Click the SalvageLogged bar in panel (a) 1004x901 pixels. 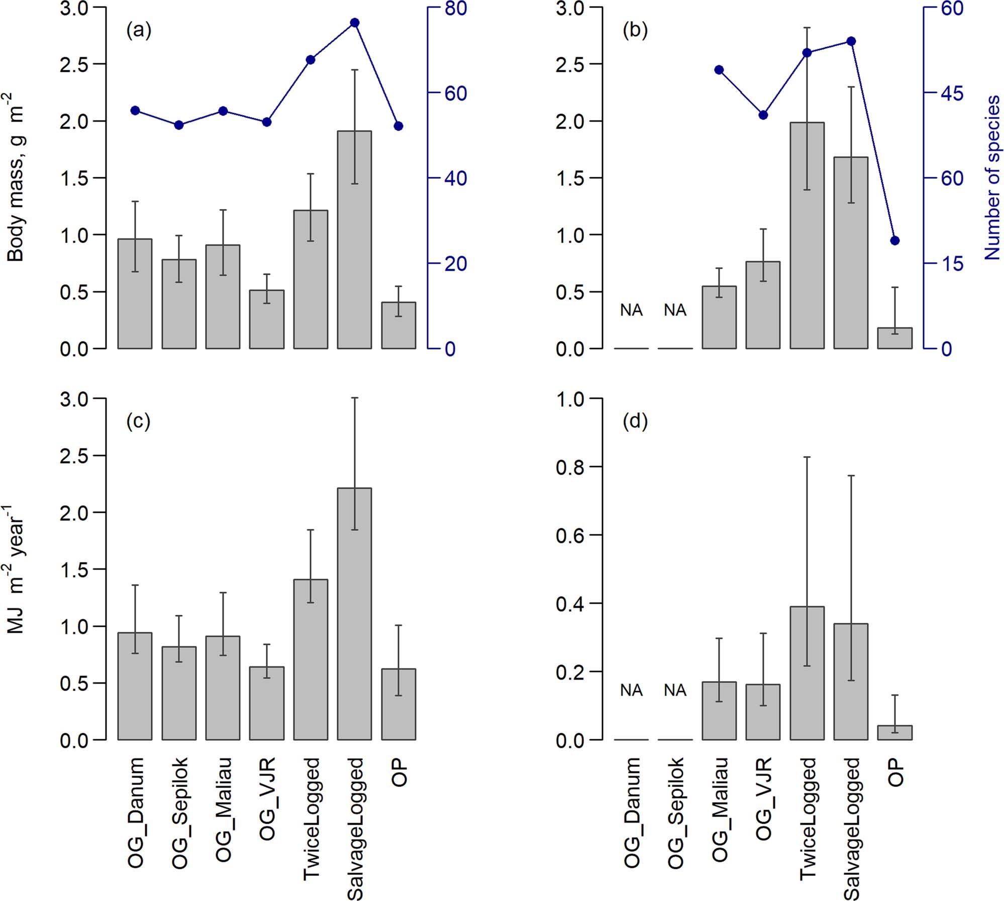coord(354,240)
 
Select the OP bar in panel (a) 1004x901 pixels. coord(398,325)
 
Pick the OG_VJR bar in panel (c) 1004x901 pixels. coord(266,703)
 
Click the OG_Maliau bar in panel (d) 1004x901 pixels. coord(719,711)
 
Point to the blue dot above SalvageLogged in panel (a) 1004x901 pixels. coord(354,23)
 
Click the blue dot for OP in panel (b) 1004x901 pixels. coord(894,241)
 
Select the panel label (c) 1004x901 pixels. coord(138,421)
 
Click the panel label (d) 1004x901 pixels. coord(635,421)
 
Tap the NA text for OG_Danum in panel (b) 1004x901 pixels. coord(631,310)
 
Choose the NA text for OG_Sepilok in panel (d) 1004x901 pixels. coord(675,691)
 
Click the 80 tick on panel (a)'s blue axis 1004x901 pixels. coord(455,9)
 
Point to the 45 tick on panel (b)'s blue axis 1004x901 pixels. coord(952,93)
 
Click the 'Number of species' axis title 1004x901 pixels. coord(992,178)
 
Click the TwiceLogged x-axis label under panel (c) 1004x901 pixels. coord(312,819)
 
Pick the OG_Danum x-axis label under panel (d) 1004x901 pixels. coord(632,813)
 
